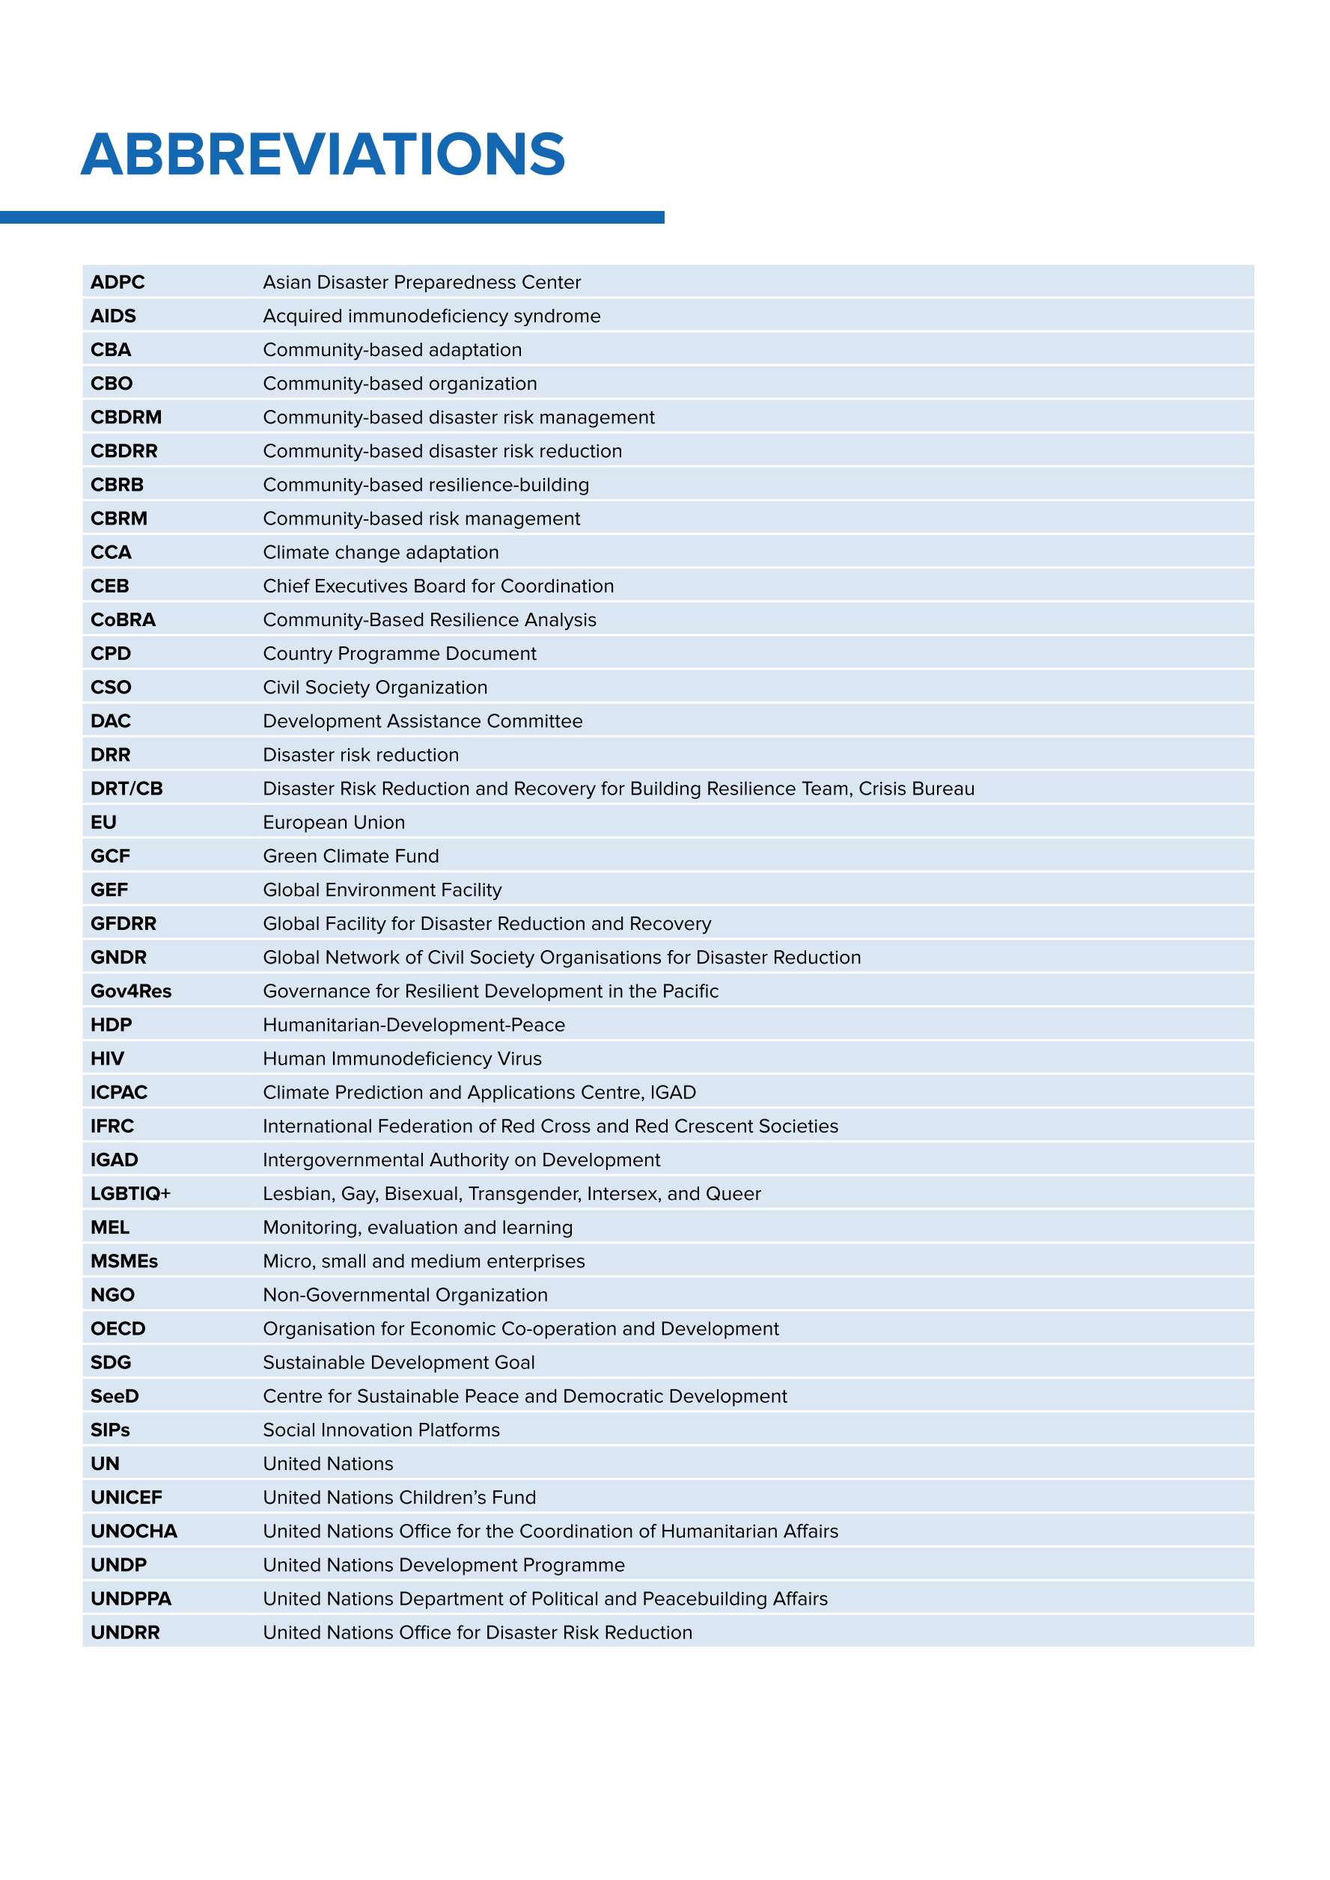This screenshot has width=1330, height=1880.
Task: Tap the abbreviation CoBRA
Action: (x=123, y=620)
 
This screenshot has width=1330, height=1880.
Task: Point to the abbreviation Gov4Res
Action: (x=131, y=990)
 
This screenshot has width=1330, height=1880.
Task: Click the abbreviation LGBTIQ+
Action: (x=130, y=1193)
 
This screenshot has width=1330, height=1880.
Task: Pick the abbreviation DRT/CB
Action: (x=126, y=789)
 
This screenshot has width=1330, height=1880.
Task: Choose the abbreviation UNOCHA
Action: (x=133, y=1531)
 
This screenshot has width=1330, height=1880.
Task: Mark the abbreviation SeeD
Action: (x=115, y=1395)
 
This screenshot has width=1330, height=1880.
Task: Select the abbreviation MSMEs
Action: (x=123, y=1261)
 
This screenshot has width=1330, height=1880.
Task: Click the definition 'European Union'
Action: (x=333, y=822)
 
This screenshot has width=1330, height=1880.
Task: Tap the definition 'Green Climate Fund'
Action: (x=350, y=856)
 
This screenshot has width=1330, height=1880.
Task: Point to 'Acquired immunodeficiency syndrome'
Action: (x=432, y=316)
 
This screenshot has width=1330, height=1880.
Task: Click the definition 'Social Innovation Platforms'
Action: (x=381, y=1430)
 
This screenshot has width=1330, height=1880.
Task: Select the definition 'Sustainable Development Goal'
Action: (x=398, y=1362)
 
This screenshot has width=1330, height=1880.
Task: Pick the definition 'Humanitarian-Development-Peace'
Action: (x=414, y=1024)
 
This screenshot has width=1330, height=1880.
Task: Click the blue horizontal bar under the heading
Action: (x=332, y=217)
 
